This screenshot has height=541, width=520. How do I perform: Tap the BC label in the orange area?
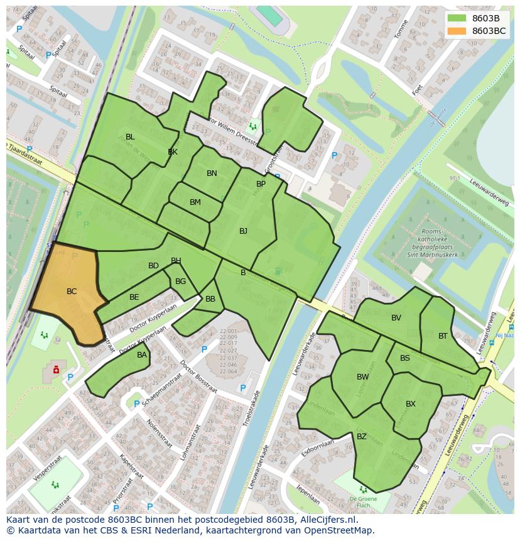[x=72, y=292]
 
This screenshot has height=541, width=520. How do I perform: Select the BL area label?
[x=130, y=137]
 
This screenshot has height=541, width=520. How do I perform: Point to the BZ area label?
[x=362, y=437]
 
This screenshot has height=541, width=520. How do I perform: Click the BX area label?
[x=411, y=404]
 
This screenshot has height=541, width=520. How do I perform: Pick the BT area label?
[x=443, y=336]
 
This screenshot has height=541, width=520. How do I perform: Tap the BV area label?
[x=396, y=318]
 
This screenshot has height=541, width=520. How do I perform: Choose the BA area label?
[x=142, y=355]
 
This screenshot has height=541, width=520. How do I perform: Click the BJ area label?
[x=243, y=231]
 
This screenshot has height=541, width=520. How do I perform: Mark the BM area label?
[x=195, y=202]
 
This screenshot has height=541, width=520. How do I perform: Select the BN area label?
[x=212, y=173]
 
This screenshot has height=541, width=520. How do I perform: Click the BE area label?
[x=134, y=297]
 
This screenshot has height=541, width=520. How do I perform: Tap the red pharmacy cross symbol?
[x=57, y=369]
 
